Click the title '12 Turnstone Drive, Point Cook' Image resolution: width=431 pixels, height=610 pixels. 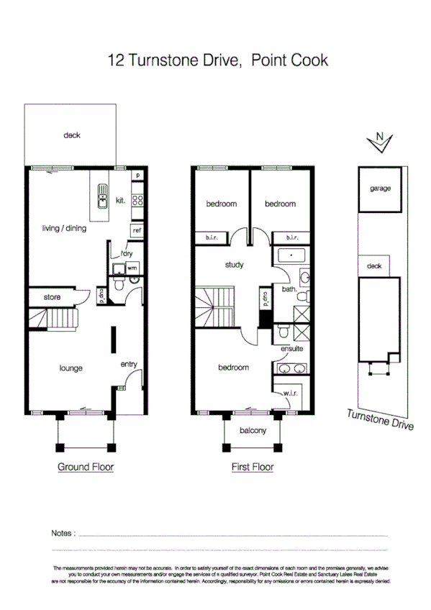217,60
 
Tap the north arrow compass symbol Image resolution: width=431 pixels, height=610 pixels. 379,142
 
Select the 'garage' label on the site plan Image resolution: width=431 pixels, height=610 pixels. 380,188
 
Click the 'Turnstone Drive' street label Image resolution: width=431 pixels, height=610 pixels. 380,419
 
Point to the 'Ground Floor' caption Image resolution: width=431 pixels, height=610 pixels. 85,467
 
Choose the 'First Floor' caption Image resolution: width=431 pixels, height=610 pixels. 252,467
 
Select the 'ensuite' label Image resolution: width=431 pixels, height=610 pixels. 292,349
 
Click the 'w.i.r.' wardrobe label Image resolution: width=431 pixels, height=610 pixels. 291,393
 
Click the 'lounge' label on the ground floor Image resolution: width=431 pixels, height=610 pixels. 71,368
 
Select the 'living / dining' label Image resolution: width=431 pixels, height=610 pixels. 64,229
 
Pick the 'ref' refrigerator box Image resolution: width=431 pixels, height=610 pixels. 137,229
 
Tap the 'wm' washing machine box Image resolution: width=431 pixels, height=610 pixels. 132,268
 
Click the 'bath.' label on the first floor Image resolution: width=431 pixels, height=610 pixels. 289,290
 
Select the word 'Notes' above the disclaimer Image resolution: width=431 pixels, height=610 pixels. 62,534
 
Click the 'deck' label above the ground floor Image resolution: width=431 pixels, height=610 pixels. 71,135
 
